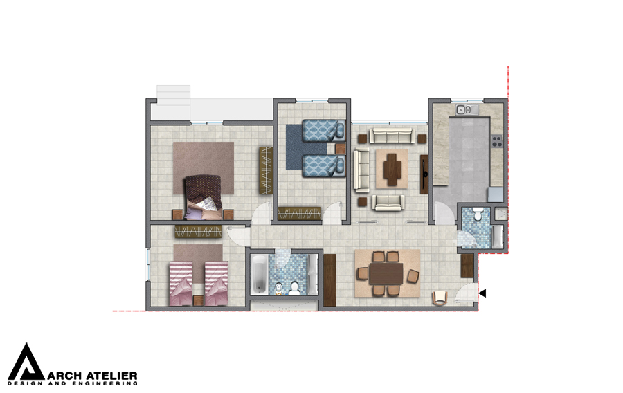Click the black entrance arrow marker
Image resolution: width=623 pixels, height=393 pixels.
pyautogui.click(x=482, y=293)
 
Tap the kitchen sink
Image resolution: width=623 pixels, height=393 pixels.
pyautogui.click(x=464, y=109)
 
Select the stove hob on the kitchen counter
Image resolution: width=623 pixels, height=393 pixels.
pyautogui.click(x=497, y=141)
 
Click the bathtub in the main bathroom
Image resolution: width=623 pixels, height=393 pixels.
pyautogui.click(x=260, y=275)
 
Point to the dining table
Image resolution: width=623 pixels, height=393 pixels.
pyautogui.click(x=386, y=273)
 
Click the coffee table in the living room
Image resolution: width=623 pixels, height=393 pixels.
pyautogui.click(x=392, y=169)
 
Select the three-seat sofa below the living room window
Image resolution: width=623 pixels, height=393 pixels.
pyautogui.click(x=392, y=136)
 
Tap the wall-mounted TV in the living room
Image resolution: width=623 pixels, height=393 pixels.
pyautogui.click(x=424, y=174)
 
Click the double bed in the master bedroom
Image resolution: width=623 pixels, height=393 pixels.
pyautogui.click(x=203, y=197)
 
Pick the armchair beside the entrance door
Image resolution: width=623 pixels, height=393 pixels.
pyautogui.click(x=440, y=298)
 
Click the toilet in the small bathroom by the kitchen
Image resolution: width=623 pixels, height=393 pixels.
pyautogui.click(x=478, y=214)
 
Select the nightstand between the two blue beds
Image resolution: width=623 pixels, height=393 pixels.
pyautogui.click(x=341, y=149)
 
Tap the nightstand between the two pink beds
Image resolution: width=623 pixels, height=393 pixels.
pyautogui.click(x=199, y=300)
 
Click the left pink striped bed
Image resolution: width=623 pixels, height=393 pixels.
pyautogui.click(x=181, y=284)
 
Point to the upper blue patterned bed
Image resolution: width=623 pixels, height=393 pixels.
pyautogui.click(x=323, y=131)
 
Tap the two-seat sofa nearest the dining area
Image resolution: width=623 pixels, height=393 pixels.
pyautogui.click(x=388, y=203)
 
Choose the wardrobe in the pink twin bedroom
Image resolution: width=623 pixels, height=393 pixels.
pyautogui.click(x=198, y=232)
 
